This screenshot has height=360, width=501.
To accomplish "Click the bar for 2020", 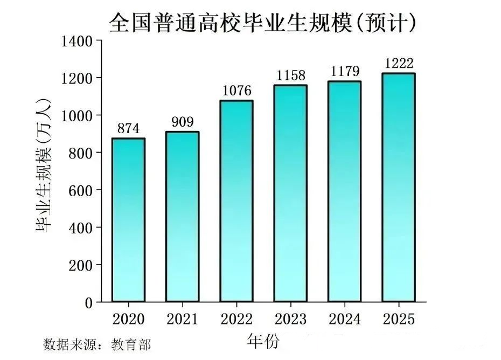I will [128, 220].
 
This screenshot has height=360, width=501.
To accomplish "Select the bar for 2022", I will [236, 201].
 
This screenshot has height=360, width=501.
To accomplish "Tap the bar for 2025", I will [399, 188].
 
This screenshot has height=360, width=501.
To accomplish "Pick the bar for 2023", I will [290, 193].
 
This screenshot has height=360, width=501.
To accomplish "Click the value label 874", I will [128, 129].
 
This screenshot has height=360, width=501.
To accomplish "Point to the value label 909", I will [182, 122].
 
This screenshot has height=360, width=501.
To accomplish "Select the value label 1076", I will [236, 91].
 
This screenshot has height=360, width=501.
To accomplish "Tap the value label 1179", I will [344, 72].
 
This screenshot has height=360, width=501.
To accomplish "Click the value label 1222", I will [399, 64].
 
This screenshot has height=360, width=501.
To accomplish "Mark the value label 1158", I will [290, 75].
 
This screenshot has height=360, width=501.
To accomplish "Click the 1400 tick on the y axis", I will [78, 41].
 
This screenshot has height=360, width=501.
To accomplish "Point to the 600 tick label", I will [81, 190].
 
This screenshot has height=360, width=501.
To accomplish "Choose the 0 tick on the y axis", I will [89, 302].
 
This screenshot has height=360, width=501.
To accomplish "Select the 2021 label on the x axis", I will [182, 320].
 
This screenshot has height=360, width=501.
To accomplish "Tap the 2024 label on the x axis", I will [344, 320].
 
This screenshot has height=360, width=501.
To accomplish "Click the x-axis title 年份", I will [263, 341].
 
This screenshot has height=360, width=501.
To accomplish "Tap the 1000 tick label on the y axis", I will [78, 115].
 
